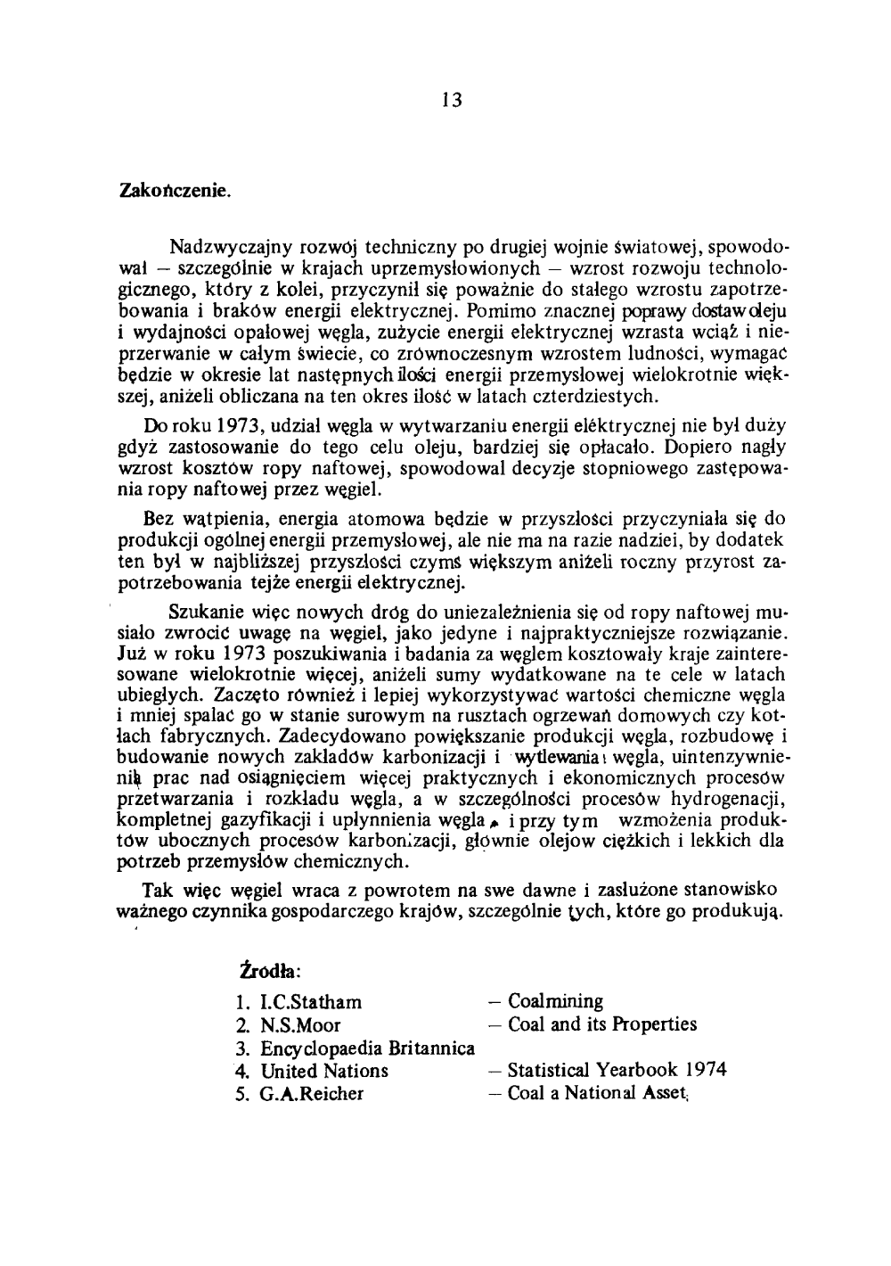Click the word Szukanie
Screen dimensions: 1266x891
pos(203,615)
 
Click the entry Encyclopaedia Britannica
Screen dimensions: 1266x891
pos(367,1048)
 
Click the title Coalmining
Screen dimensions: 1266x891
pos(555,1002)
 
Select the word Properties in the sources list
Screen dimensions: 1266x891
pos(654,1025)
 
